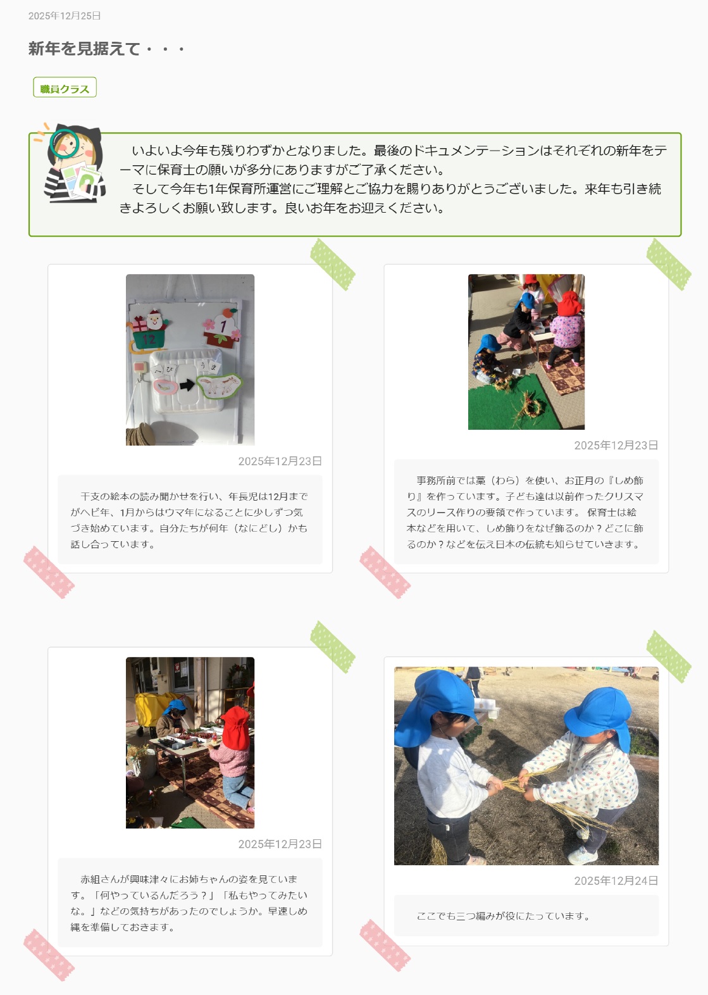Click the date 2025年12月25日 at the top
65,16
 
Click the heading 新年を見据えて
84,48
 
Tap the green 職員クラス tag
65,87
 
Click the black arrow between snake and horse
187,385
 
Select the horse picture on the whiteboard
220,386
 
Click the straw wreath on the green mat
528,406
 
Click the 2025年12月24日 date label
616,881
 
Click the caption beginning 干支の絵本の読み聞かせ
189,520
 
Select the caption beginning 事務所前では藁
526,512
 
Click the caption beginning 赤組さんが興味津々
189,903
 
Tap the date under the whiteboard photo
280,461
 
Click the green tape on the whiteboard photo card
332,265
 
